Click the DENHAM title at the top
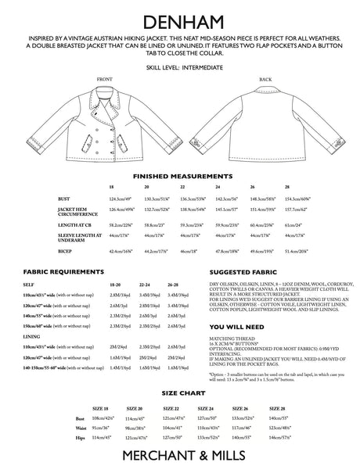click(x=180, y=15)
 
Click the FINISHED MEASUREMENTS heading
click(x=180, y=177)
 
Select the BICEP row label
click(x=67, y=253)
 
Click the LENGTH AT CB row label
click(x=77, y=224)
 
